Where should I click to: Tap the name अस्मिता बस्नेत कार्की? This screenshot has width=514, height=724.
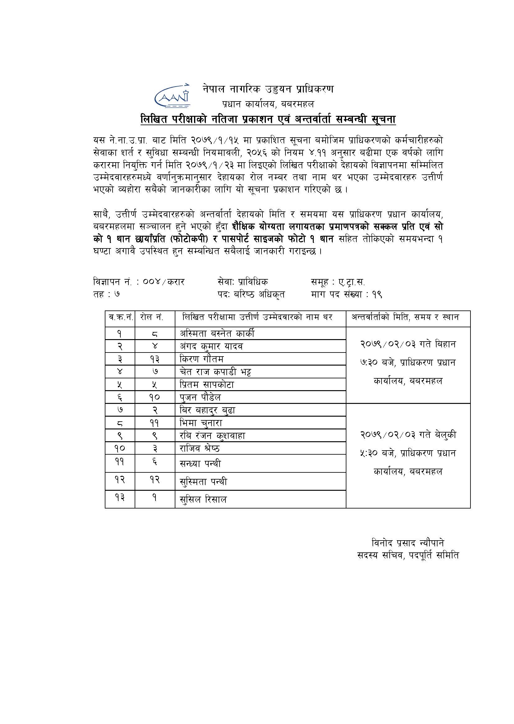click(217, 334)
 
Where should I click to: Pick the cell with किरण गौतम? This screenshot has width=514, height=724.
click(202, 359)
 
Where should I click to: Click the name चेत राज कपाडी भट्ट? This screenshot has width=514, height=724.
click(216, 372)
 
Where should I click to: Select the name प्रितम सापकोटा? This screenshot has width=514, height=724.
click(207, 385)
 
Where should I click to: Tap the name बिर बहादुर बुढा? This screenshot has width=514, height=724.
click(208, 410)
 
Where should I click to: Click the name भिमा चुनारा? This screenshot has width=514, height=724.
click(201, 423)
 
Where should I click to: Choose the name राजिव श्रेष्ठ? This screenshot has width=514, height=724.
click(200, 448)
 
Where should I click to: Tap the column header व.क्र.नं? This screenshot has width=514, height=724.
click(120, 317)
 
